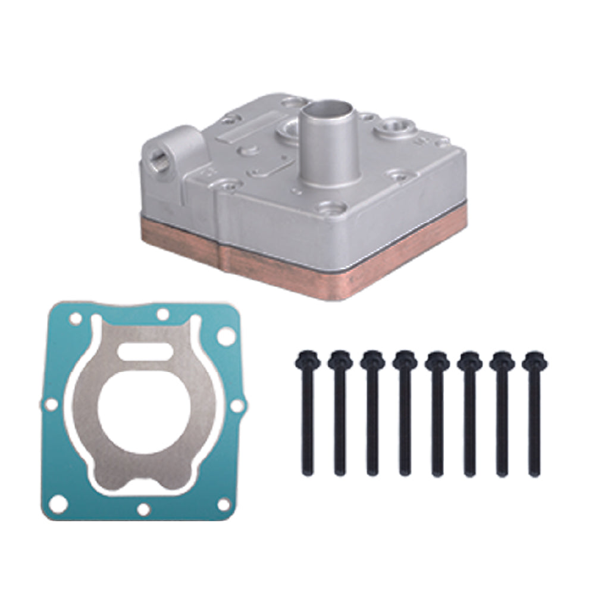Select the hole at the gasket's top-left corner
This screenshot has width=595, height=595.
point(75,320)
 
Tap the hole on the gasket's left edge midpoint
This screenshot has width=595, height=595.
point(52,405)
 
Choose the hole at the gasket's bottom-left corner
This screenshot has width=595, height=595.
point(57,505)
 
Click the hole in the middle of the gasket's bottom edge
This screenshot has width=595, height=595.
point(143,509)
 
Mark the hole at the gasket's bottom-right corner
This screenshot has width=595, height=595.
point(224,505)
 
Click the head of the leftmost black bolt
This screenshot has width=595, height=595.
point(307,359)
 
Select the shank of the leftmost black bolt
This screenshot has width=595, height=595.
point(307,416)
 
